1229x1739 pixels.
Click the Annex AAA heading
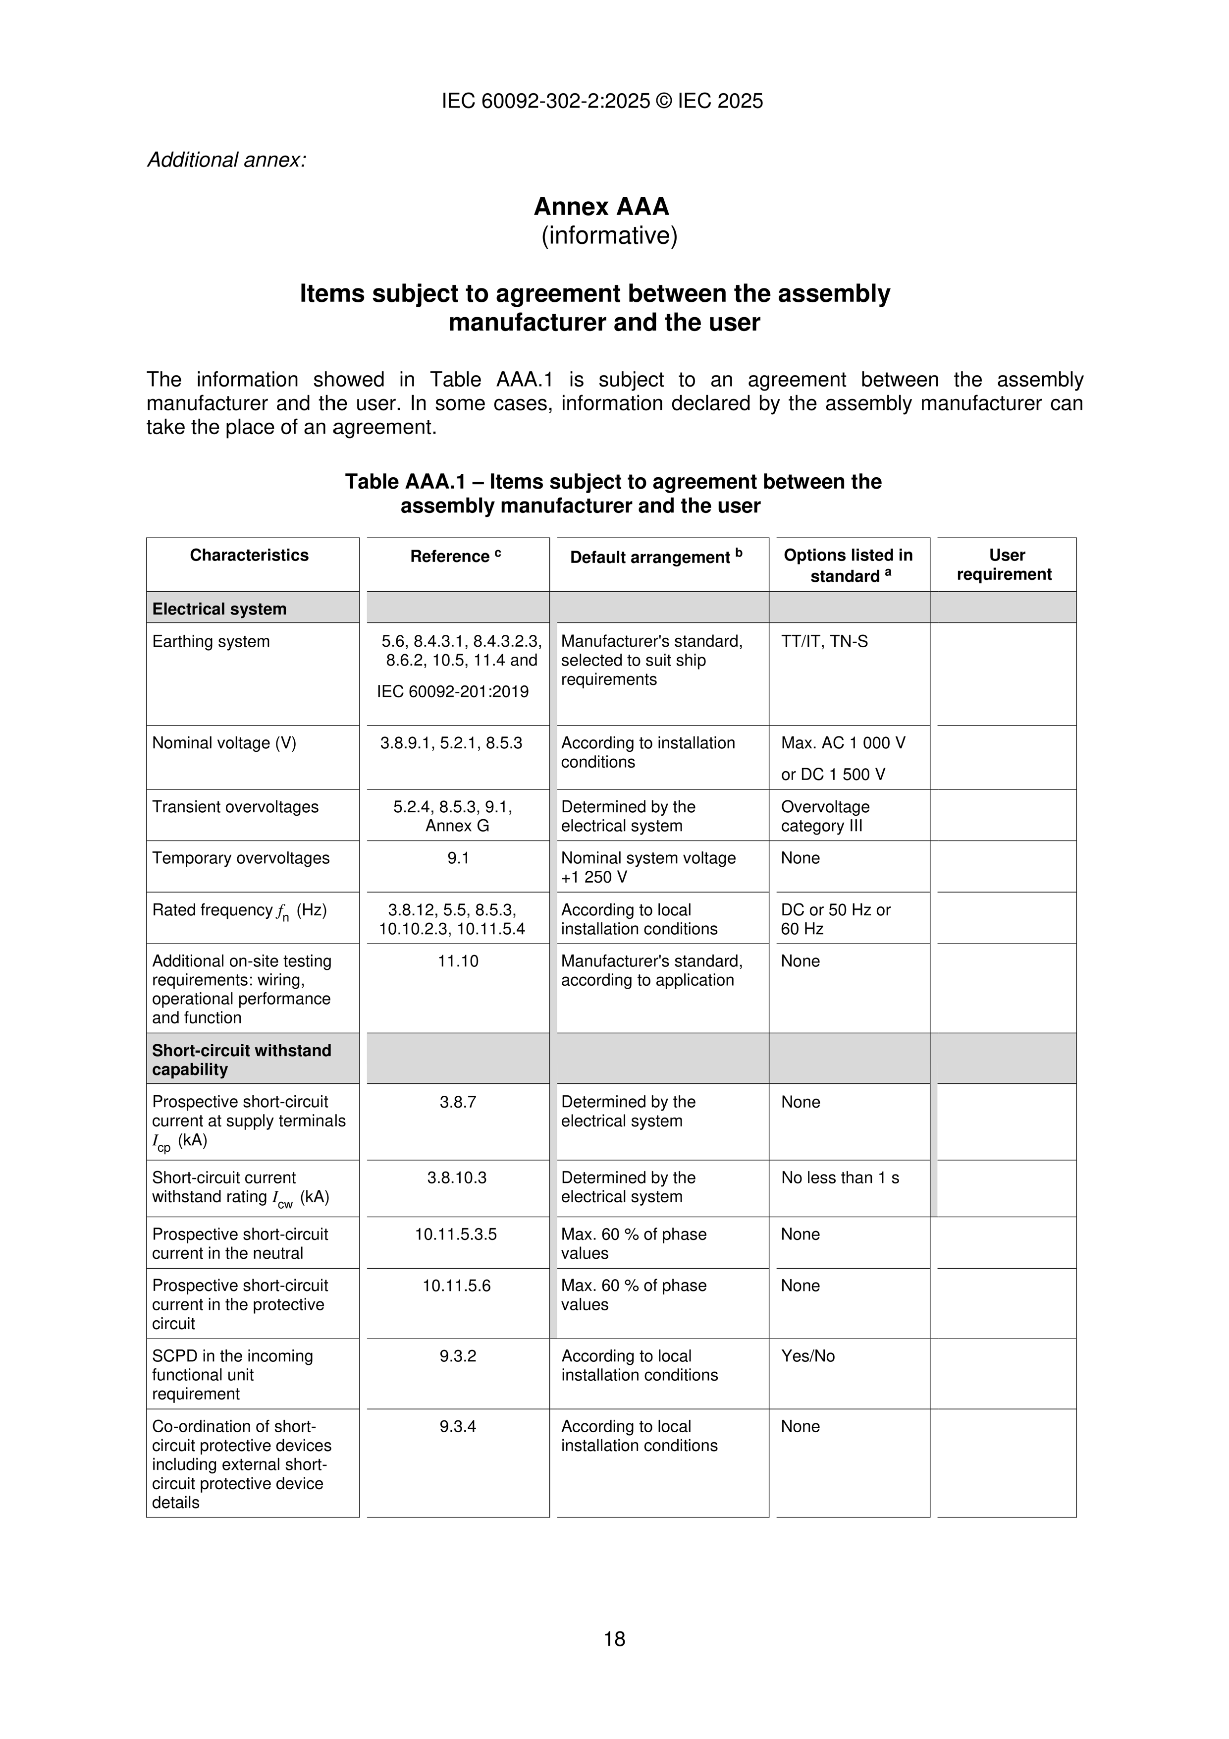[601, 207]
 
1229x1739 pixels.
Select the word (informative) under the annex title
[609, 236]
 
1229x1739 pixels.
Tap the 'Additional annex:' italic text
[226, 161]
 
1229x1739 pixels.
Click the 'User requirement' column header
[1004, 564]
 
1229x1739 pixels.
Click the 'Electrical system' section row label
[219, 609]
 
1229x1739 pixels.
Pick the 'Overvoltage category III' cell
[825, 817]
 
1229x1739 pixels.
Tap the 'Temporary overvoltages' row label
[241, 858]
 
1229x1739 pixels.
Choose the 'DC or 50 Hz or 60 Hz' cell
[835, 919]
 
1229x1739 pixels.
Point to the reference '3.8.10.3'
[457, 1178]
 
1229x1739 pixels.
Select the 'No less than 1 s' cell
[840, 1178]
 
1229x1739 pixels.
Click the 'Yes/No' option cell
[808, 1356]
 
